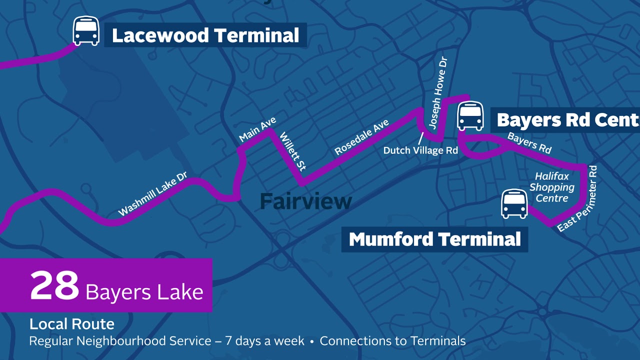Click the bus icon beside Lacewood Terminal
tap(86, 31)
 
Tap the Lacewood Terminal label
tap(205, 35)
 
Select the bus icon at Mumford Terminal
tap(514, 203)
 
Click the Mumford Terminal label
tap(434, 239)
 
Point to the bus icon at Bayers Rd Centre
tap(470, 116)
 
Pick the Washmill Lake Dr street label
tap(153, 194)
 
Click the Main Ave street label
tap(257, 129)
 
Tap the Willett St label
tap(293, 151)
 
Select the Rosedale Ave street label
tap(361, 137)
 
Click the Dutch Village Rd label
tap(420, 150)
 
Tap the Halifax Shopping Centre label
tap(552, 187)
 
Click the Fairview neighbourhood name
tap(306, 201)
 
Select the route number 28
tap(54, 285)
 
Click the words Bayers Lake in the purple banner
tap(144, 292)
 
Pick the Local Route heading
tap(72, 324)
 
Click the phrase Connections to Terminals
tap(392, 341)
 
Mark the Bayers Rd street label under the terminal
tap(529, 143)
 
